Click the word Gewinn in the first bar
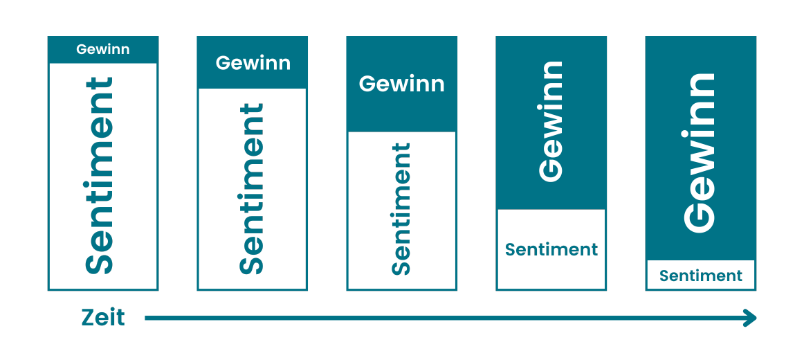coord(103,50)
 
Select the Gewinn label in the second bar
coord(253,63)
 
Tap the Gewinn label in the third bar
coord(401,84)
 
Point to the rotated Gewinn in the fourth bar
coord(551,122)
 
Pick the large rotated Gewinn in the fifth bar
coord(699,152)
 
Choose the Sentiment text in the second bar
coord(252,189)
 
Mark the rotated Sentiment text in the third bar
coord(401,209)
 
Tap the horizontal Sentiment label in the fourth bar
coord(551,249)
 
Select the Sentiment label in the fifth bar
coord(700,276)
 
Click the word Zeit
coord(103,318)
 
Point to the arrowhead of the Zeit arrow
coord(750,318)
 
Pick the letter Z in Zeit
coord(89,318)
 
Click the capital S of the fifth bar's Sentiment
coord(664,276)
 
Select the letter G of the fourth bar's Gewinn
coord(551,169)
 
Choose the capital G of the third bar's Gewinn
coord(367,84)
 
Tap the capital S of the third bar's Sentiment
coord(401,267)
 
